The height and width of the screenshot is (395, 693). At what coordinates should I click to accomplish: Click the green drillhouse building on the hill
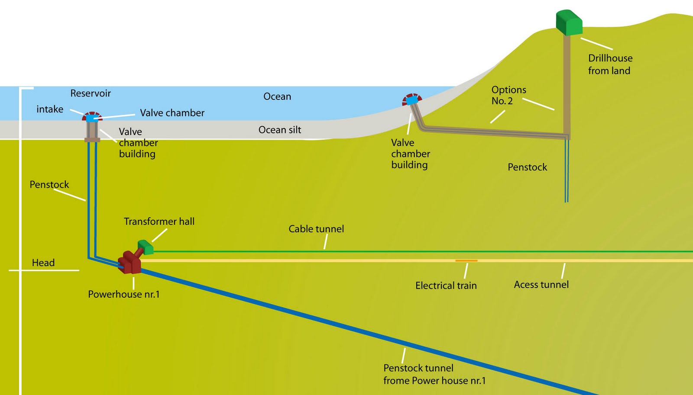coord(569,22)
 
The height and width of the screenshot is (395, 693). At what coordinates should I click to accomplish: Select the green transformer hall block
coord(146,247)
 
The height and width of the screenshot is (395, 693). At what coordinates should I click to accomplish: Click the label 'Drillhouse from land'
coord(610,64)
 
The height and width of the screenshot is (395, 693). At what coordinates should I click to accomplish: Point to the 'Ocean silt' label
coord(279,130)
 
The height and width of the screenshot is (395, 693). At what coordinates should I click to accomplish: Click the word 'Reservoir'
coord(91,93)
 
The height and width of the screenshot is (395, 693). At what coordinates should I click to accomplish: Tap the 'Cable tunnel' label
coord(316,229)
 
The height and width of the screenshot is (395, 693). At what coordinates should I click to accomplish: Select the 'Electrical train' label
coord(446,286)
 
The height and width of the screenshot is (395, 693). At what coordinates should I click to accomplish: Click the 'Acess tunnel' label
coord(541,285)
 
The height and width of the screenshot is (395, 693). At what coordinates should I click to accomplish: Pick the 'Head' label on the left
coord(43,263)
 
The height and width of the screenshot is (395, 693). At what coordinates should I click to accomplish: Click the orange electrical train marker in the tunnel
coord(466,260)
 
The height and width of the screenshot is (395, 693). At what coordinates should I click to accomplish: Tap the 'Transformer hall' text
coord(159,222)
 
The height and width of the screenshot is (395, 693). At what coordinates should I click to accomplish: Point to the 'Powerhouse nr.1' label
coord(124,294)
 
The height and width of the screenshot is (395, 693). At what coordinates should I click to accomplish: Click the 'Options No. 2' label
coord(508,95)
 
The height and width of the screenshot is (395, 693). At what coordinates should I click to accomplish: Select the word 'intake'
coord(50,109)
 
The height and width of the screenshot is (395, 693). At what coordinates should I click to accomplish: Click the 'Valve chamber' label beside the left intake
coord(172,113)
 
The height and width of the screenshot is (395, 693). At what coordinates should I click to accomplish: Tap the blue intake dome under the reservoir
coord(92,117)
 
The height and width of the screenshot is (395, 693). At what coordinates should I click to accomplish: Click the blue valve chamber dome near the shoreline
coord(412,100)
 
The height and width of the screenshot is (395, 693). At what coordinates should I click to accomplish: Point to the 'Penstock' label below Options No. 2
coord(527,167)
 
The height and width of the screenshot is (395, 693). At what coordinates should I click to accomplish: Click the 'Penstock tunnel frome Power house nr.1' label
coord(434,374)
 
